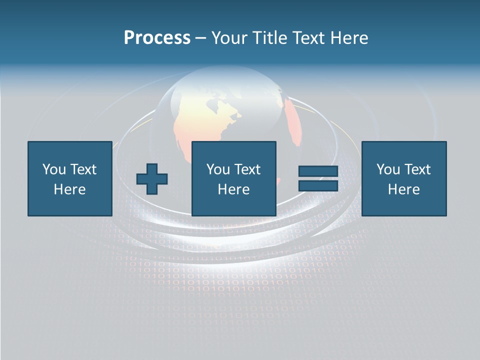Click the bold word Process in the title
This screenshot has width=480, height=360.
[157, 38]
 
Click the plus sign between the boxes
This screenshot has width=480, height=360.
[152, 179]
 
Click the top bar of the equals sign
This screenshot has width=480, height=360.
[318, 171]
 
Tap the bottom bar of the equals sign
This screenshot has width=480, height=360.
[318, 185]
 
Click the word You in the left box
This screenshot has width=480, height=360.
[54, 169]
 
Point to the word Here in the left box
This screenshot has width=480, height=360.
[70, 189]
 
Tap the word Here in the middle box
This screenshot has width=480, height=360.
[234, 189]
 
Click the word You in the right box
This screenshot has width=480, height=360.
[388, 169]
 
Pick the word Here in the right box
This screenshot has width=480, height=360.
[404, 189]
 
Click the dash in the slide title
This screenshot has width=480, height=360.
[200, 38]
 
